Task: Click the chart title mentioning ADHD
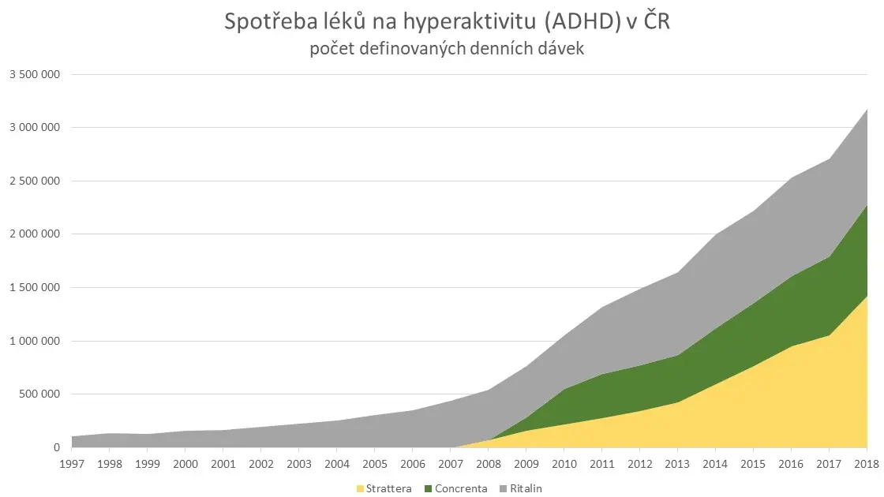coord(447,21)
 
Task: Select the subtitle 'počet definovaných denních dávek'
coord(447,49)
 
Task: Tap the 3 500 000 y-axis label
coord(35,74)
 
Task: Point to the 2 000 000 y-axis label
coord(35,234)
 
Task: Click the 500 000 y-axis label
coord(39,394)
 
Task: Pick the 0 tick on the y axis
coord(56,447)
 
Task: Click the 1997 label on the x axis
coord(72,464)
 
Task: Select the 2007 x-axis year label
coord(451,464)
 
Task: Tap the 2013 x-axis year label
coord(677,464)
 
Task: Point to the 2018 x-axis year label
coord(867,464)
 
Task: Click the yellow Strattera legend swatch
coord(360,488)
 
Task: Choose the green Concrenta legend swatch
coord(429,488)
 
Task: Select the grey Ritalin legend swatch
coord(504,488)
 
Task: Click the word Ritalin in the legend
coord(526,488)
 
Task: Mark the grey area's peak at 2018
coord(867,110)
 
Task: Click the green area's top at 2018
coord(867,205)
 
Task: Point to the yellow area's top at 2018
coord(867,297)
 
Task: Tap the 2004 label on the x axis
coord(336,464)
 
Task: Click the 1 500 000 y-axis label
coord(35,287)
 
